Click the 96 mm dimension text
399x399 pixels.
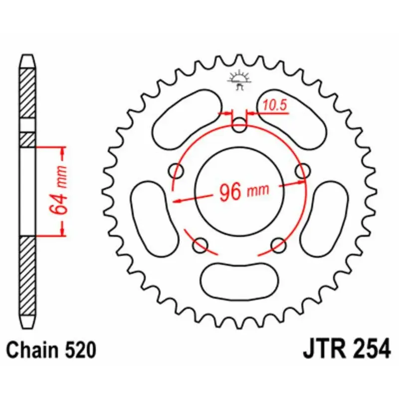point(243,191)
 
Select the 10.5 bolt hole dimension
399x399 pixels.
point(273,105)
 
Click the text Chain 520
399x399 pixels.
point(51,350)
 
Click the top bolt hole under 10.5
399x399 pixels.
point(240,126)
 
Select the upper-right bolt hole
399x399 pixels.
point(302,171)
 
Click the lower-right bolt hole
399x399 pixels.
point(279,244)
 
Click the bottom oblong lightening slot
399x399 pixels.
point(239,280)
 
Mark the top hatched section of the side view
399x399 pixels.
point(27,92)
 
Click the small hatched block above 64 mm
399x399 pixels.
point(27,140)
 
